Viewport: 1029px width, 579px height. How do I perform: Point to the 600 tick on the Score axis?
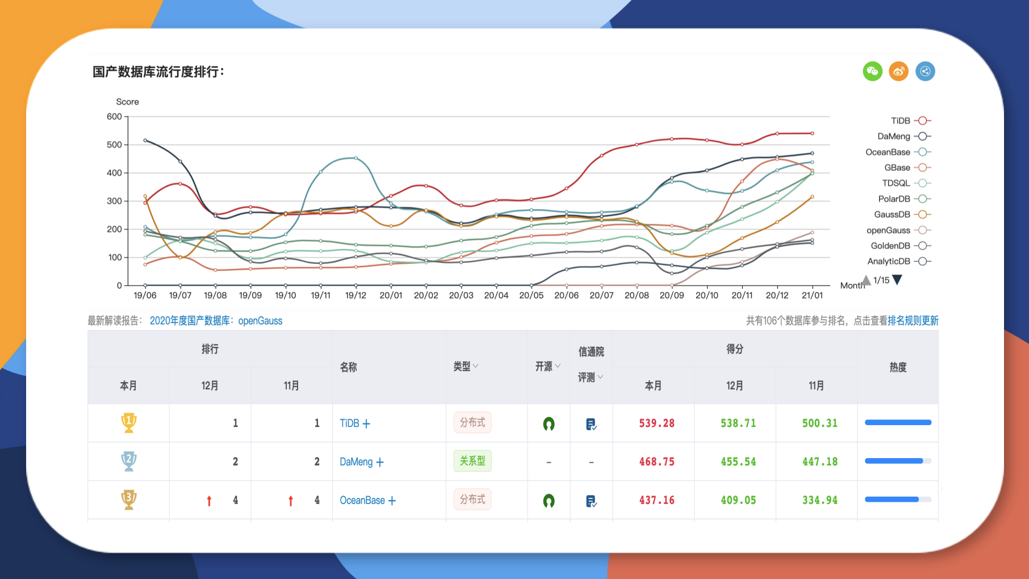tap(114, 117)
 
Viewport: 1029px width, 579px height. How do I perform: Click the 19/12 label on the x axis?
tap(355, 296)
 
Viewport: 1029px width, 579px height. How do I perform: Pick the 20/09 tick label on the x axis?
tap(672, 296)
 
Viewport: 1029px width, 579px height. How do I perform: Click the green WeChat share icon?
tap(872, 72)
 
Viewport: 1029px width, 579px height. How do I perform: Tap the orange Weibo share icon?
tap(898, 72)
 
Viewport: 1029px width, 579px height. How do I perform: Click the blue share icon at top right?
tap(925, 72)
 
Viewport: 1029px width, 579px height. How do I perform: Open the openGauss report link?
tap(216, 321)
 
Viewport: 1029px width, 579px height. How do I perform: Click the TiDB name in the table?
tap(349, 423)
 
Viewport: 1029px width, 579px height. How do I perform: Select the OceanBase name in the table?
tap(362, 501)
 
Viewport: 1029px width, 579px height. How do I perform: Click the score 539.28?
tap(656, 423)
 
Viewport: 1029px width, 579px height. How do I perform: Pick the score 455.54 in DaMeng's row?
tap(738, 462)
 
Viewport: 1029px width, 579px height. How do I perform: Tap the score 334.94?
tap(819, 501)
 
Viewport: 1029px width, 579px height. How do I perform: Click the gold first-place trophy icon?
tap(129, 423)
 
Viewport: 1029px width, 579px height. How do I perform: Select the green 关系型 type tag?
tap(472, 461)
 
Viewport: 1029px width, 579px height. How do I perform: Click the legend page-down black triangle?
tap(897, 280)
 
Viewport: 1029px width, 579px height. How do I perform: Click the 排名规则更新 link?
tap(913, 321)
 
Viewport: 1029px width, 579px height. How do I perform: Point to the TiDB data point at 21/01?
tap(812, 133)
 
